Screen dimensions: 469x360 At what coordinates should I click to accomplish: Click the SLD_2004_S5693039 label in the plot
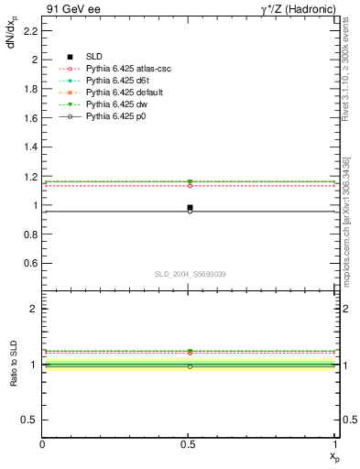pyautogui.click(x=189, y=274)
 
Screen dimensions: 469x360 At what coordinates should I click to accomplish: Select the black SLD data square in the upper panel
pyautogui.click(x=190, y=208)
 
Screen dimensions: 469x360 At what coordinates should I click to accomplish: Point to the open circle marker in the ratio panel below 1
pyautogui.click(x=190, y=366)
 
